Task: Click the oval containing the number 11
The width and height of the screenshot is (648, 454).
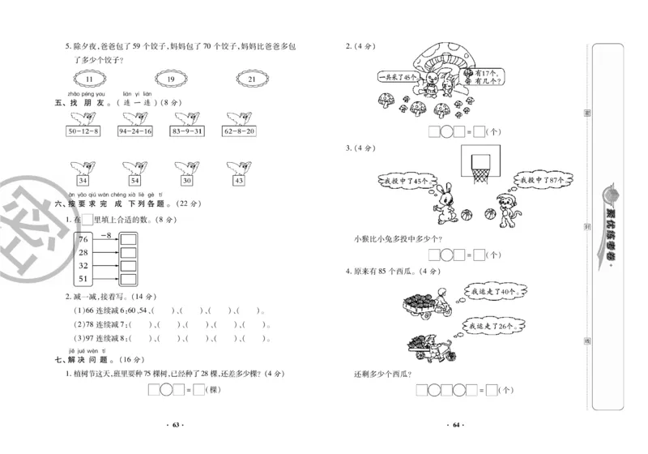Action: point(90,79)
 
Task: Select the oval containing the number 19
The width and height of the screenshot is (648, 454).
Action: point(170,79)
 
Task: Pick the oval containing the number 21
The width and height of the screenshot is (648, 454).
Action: point(251,79)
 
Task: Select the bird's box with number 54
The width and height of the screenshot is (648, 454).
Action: point(134,181)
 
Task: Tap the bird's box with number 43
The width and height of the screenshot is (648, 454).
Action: point(238,181)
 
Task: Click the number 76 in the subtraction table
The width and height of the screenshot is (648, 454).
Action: point(83,238)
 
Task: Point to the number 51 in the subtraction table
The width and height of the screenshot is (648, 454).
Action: point(83,279)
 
